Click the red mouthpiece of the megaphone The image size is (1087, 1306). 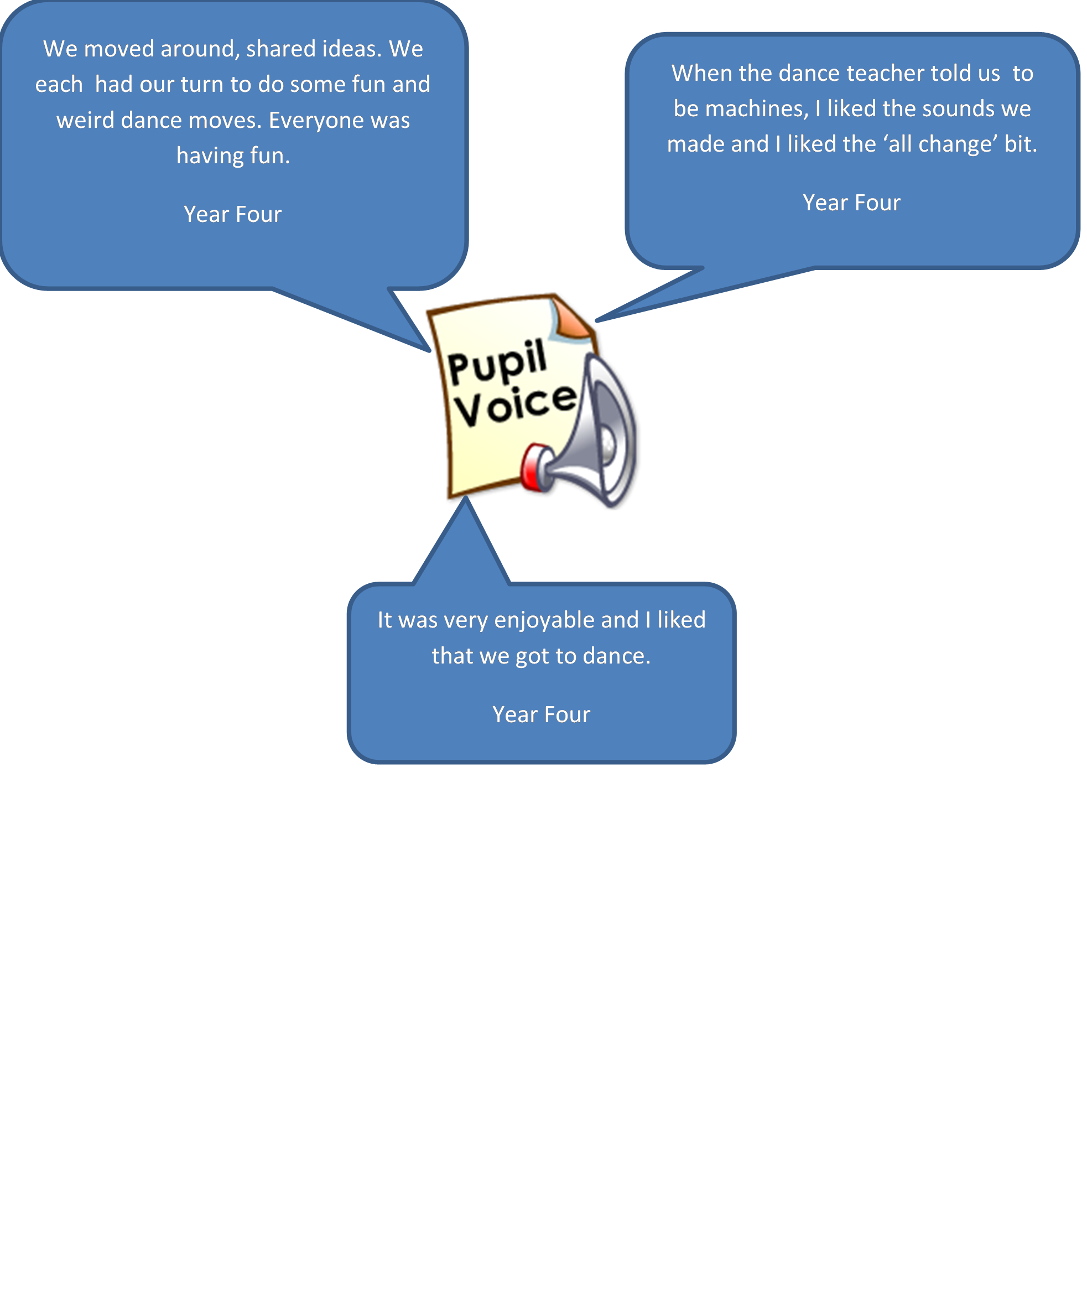coord(535,467)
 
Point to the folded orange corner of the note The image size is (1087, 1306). coord(570,318)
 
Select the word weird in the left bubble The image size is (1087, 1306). coord(86,120)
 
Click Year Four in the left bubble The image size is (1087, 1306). coord(232,215)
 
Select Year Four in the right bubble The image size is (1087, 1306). coord(851,203)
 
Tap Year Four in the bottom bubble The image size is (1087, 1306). coord(542,714)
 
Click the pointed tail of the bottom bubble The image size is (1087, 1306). coord(465,499)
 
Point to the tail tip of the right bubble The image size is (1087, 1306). coord(597,321)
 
